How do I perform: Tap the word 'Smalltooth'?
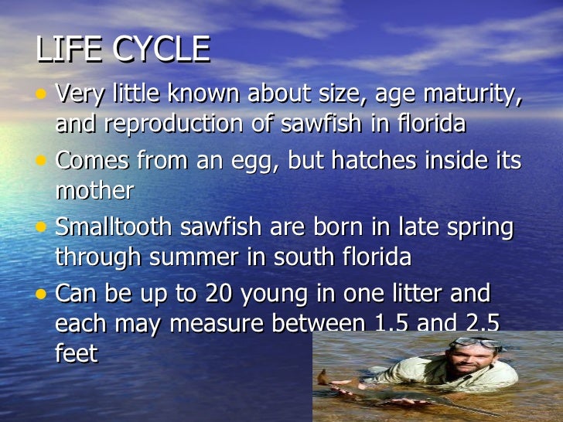point(115,228)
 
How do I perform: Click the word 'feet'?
point(77,353)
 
